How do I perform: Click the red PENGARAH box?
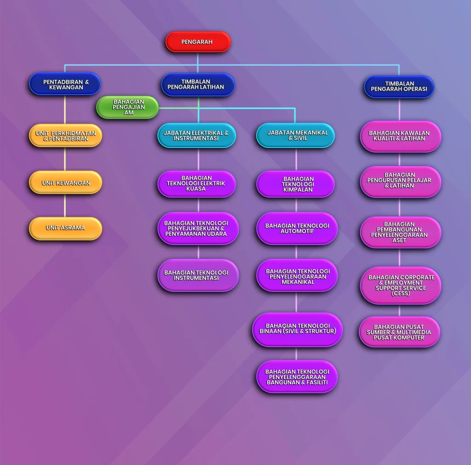pos(198,42)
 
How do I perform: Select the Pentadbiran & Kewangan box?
pos(65,84)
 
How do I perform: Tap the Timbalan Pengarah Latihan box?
pos(198,85)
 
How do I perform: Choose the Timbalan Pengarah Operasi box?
pos(399,86)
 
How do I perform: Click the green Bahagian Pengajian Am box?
pos(127,107)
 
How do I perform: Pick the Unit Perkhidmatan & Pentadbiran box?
pos(65,136)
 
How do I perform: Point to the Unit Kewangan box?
pos(65,183)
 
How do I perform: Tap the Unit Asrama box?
pos(65,228)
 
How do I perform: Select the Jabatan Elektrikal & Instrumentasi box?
pos(197,136)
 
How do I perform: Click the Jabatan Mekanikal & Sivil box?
pos(295,136)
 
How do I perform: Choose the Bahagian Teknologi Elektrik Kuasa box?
pos(197,184)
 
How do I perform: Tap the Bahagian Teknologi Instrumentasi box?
pos(198,275)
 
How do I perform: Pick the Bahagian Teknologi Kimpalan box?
pos(295,184)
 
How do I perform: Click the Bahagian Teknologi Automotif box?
pos(297,229)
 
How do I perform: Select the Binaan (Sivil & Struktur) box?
pos(297,329)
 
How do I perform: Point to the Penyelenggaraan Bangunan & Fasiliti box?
pos(297,377)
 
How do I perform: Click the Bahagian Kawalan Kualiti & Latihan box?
pos(401,137)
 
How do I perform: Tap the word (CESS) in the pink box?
pos(401,293)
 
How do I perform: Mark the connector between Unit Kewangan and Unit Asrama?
pos(65,206)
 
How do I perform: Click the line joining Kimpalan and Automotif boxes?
pos(296,205)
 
